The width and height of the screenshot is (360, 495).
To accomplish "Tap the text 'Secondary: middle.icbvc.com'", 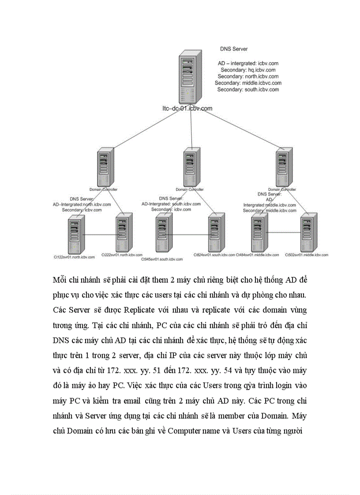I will click(248, 83).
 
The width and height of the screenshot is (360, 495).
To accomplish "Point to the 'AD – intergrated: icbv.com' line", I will click(248, 63).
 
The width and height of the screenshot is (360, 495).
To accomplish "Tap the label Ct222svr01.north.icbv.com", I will click(122, 255).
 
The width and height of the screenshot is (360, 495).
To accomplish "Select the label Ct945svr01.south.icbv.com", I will click(161, 260).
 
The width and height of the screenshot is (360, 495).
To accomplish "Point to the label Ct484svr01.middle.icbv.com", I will click(257, 255).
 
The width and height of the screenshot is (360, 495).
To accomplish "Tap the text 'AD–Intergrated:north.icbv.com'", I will click(82, 205).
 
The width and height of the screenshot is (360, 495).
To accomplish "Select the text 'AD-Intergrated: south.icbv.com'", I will click(171, 204).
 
